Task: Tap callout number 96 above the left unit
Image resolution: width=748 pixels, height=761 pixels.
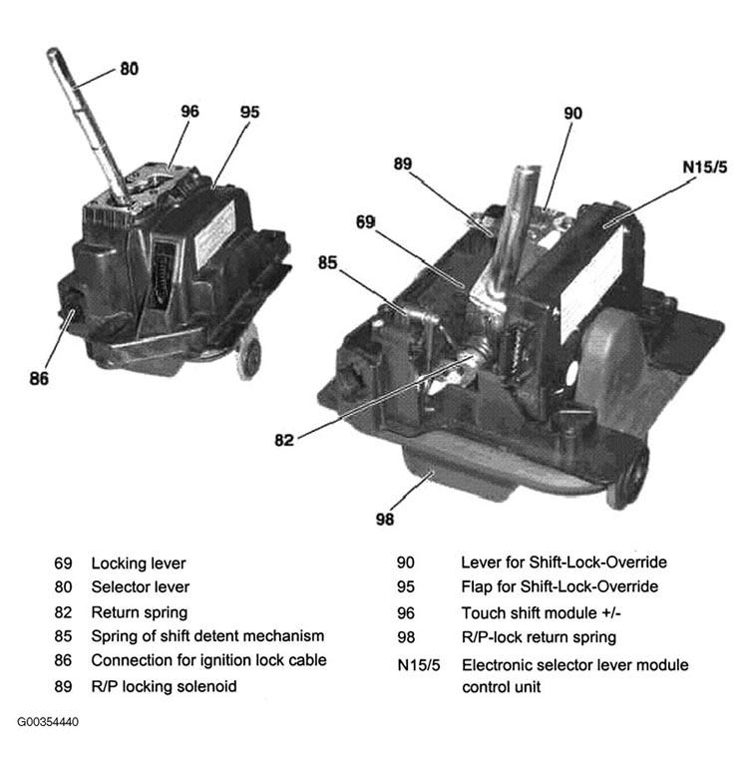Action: pos(189,112)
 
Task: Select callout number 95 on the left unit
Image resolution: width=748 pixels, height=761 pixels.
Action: pos(249,112)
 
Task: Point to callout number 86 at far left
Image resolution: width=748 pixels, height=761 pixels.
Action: pos(39,379)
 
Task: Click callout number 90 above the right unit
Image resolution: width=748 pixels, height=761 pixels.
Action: pos(572,114)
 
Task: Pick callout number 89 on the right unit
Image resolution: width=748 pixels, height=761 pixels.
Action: pos(403,163)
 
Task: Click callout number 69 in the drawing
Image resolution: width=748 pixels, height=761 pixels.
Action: pos(366,222)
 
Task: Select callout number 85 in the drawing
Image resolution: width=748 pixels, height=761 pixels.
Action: pos(327,264)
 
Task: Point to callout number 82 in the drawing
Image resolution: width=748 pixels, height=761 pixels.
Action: pos(284,439)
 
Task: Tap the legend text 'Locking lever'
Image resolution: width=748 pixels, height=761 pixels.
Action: pos(139,564)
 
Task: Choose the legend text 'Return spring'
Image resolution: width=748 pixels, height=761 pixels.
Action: pos(139,611)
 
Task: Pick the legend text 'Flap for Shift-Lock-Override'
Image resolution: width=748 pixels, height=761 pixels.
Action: pos(560,586)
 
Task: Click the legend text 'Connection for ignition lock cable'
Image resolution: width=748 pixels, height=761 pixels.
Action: pos(208,660)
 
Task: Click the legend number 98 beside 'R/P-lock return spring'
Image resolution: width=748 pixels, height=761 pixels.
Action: pos(406,637)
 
